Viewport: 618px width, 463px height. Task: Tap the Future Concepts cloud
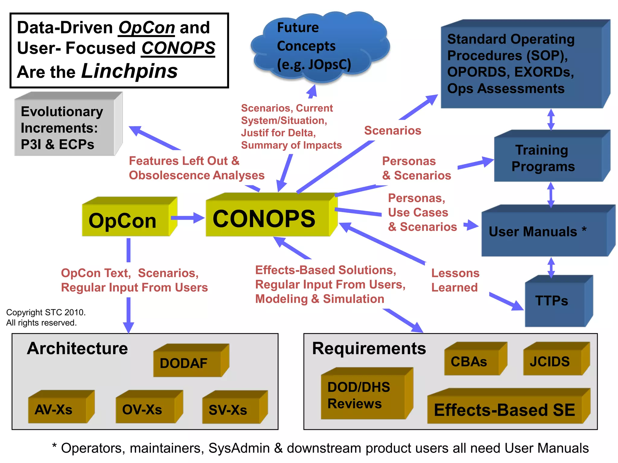[x=314, y=47]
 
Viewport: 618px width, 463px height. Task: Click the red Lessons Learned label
[x=455, y=280]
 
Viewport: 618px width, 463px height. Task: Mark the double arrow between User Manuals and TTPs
[x=551, y=267]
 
